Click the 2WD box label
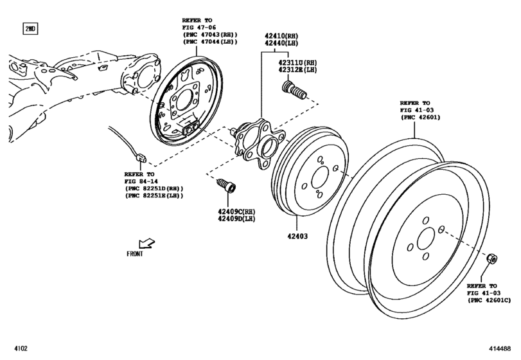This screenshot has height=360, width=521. tap(30, 30)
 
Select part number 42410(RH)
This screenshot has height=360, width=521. tap(281, 37)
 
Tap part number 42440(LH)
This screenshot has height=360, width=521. tap(281, 44)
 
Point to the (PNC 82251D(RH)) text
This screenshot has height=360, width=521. tap(154, 188)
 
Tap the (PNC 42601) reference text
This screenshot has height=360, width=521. tap(418, 118)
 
